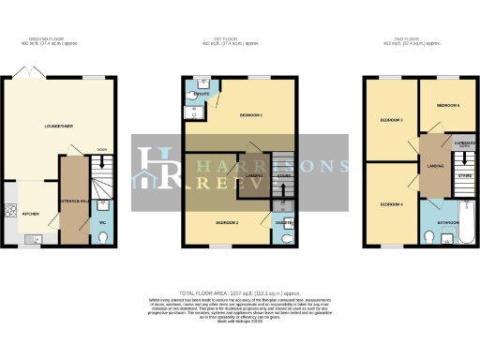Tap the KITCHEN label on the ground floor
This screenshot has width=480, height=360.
coord(32,214)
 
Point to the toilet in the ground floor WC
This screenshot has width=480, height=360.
coord(104,238)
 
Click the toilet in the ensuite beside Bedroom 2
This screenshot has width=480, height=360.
coord(289,237)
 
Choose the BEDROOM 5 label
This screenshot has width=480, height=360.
coord(447,106)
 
